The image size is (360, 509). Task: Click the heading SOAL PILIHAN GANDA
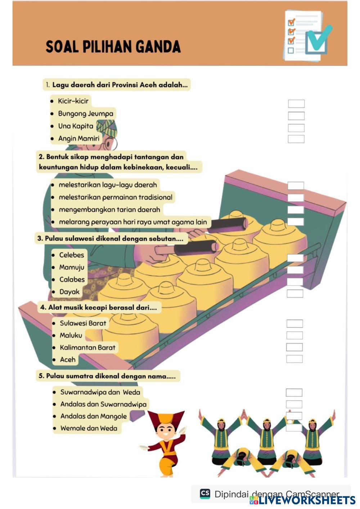[113, 47]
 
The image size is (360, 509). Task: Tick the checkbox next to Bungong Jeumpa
[296, 116]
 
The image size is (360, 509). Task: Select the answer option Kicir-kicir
[73, 101]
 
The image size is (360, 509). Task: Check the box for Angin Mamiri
[296, 139]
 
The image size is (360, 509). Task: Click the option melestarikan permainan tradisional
[115, 197]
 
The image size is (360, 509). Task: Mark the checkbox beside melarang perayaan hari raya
[296, 222]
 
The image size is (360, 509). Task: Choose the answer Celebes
[72, 255]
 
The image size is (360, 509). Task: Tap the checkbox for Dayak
[295, 294]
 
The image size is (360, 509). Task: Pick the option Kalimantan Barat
[87, 347]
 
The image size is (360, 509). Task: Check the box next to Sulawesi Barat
[294, 323]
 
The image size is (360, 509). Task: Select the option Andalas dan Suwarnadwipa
[103, 404]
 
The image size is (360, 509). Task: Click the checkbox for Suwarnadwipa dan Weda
[294, 392]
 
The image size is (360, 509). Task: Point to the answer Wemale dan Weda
[89, 428]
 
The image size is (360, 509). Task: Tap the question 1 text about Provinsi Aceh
[116, 85]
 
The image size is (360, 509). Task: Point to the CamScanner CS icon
[205, 494]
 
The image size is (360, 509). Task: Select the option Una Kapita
[76, 126]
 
